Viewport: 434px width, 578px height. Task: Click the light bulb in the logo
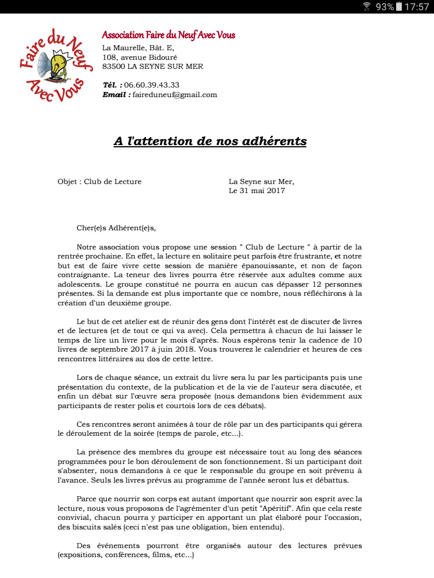tap(58, 62)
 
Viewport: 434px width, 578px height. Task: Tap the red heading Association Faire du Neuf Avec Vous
tap(168, 36)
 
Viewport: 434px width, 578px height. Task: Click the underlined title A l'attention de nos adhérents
tap(210, 141)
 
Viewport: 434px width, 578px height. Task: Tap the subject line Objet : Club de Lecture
tap(99, 181)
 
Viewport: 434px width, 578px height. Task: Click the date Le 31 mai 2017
tap(257, 190)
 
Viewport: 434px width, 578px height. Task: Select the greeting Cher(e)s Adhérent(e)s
tap(116, 228)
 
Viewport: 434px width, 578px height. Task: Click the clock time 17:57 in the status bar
tap(417, 7)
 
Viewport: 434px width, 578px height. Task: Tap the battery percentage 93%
tap(385, 7)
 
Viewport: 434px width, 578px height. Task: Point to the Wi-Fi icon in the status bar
tap(367, 7)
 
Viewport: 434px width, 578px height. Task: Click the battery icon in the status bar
tap(399, 7)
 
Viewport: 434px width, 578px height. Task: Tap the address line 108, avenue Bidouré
tap(140, 57)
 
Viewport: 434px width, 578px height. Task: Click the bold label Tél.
tap(112, 85)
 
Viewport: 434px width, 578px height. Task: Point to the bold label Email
tap(116, 94)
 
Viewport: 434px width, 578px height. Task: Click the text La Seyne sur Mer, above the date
tap(262, 181)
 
